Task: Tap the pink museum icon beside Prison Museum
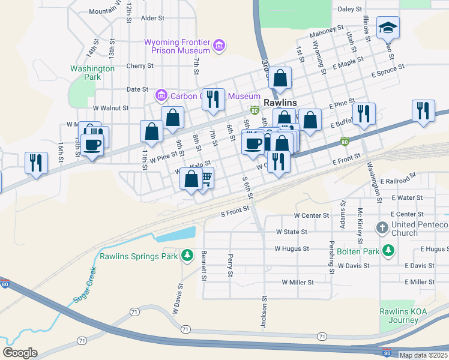(x=219, y=46)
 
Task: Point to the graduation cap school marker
(x=388, y=28)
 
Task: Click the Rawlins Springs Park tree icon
(x=187, y=256)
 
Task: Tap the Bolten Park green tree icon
(x=388, y=249)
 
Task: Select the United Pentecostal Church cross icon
(x=382, y=228)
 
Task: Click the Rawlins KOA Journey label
(x=398, y=316)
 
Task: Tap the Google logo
(x=20, y=353)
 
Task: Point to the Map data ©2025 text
(x=423, y=355)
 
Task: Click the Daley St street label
(x=351, y=10)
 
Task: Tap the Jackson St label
(x=263, y=312)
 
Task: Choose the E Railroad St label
(x=398, y=179)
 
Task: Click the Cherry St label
(x=140, y=66)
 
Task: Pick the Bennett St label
(x=204, y=266)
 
